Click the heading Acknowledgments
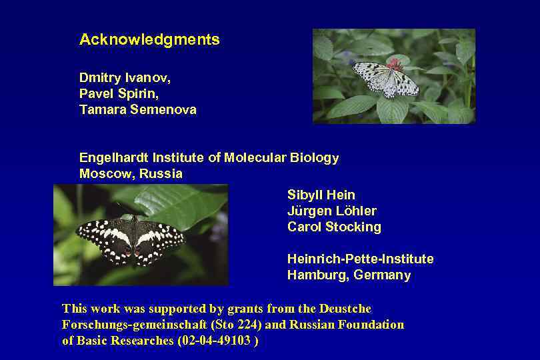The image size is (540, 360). coord(149,39)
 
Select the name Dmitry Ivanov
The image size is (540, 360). coord(125,78)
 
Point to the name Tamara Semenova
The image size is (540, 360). coord(137,110)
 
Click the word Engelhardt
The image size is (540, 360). coord(114,158)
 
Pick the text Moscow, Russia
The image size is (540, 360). coord(131,174)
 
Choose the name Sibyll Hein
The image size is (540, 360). coord(321,195)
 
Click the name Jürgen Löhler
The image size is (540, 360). coord(332,211)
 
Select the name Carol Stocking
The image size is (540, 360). coord(334,227)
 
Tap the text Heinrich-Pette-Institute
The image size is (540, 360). coord(360,259)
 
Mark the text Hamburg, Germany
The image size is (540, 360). coord(349,275)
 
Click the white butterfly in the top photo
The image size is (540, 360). coord(384,79)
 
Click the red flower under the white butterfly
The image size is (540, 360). coord(395,64)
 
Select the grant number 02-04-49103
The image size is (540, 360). coord(215,341)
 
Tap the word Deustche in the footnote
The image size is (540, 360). coord(345,309)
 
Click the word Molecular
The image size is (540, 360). coord(255,158)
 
